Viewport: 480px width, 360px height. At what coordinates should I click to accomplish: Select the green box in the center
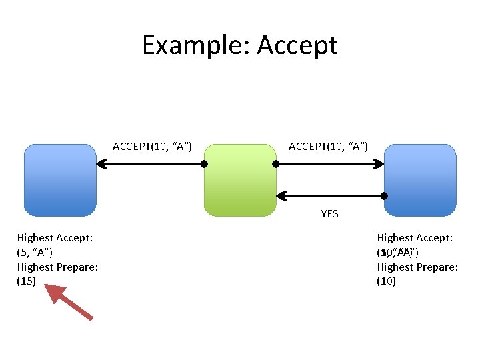click(240, 180)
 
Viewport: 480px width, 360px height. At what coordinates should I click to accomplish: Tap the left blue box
click(60, 180)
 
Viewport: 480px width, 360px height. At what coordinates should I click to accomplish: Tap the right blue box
click(421, 180)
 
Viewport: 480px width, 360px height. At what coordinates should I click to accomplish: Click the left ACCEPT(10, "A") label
click(152, 146)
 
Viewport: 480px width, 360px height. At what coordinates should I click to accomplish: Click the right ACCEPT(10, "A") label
click(327, 146)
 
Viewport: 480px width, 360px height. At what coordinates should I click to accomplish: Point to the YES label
click(329, 214)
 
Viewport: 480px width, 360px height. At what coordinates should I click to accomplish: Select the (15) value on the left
click(26, 281)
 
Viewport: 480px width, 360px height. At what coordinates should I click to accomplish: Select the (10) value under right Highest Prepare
click(387, 281)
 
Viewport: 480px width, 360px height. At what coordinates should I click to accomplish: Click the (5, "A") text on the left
click(35, 252)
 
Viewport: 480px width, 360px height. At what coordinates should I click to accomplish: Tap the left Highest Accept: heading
click(55, 237)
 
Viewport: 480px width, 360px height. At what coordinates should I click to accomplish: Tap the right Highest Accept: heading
click(415, 237)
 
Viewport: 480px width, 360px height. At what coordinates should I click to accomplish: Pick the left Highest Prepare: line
click(57, 267)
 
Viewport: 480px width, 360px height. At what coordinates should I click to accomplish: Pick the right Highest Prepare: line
click(417, 267)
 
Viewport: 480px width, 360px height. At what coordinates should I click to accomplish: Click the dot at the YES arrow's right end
click(385, 195)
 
